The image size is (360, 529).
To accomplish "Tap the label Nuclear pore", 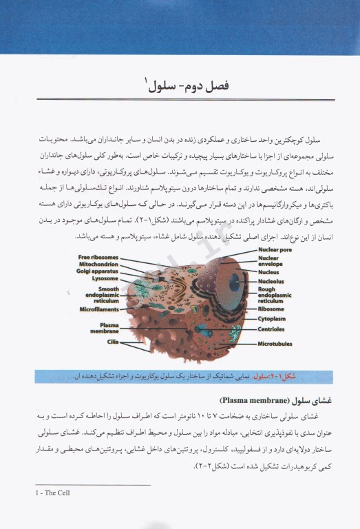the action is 275,251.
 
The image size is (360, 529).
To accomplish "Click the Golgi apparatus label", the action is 102,271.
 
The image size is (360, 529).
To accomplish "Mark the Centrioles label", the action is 272,330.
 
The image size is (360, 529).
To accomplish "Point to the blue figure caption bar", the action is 180,377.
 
